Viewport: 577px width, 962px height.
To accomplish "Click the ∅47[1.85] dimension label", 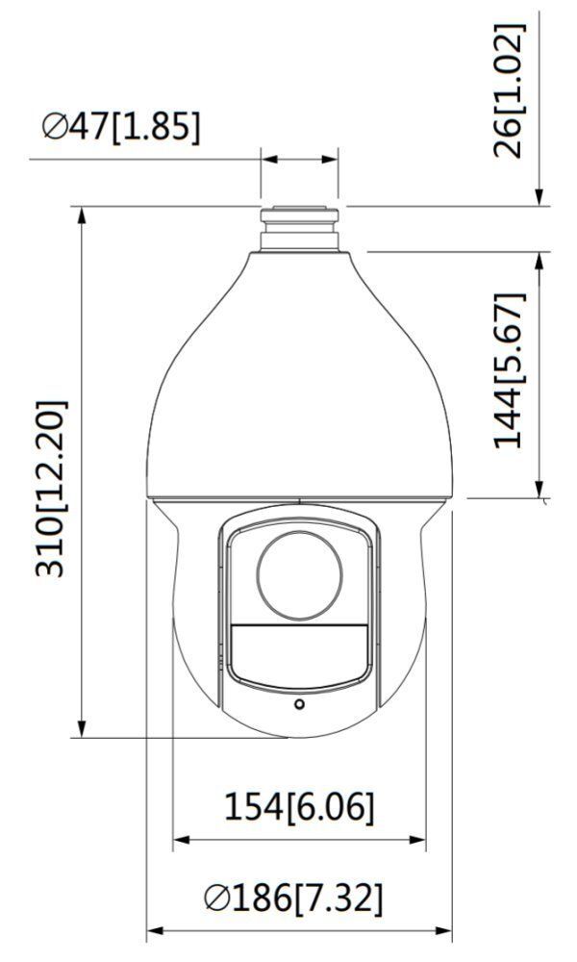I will (x=121, y=127).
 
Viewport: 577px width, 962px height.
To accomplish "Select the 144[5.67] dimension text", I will (x=511, y=370).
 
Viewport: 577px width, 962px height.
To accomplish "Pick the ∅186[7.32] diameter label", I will (x=293, y=899).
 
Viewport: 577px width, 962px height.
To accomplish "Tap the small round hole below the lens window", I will (x=299, y=705).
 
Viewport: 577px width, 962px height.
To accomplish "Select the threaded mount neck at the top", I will (x=299, y=227).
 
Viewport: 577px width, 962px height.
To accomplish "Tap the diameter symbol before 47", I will (x=55, y=127).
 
